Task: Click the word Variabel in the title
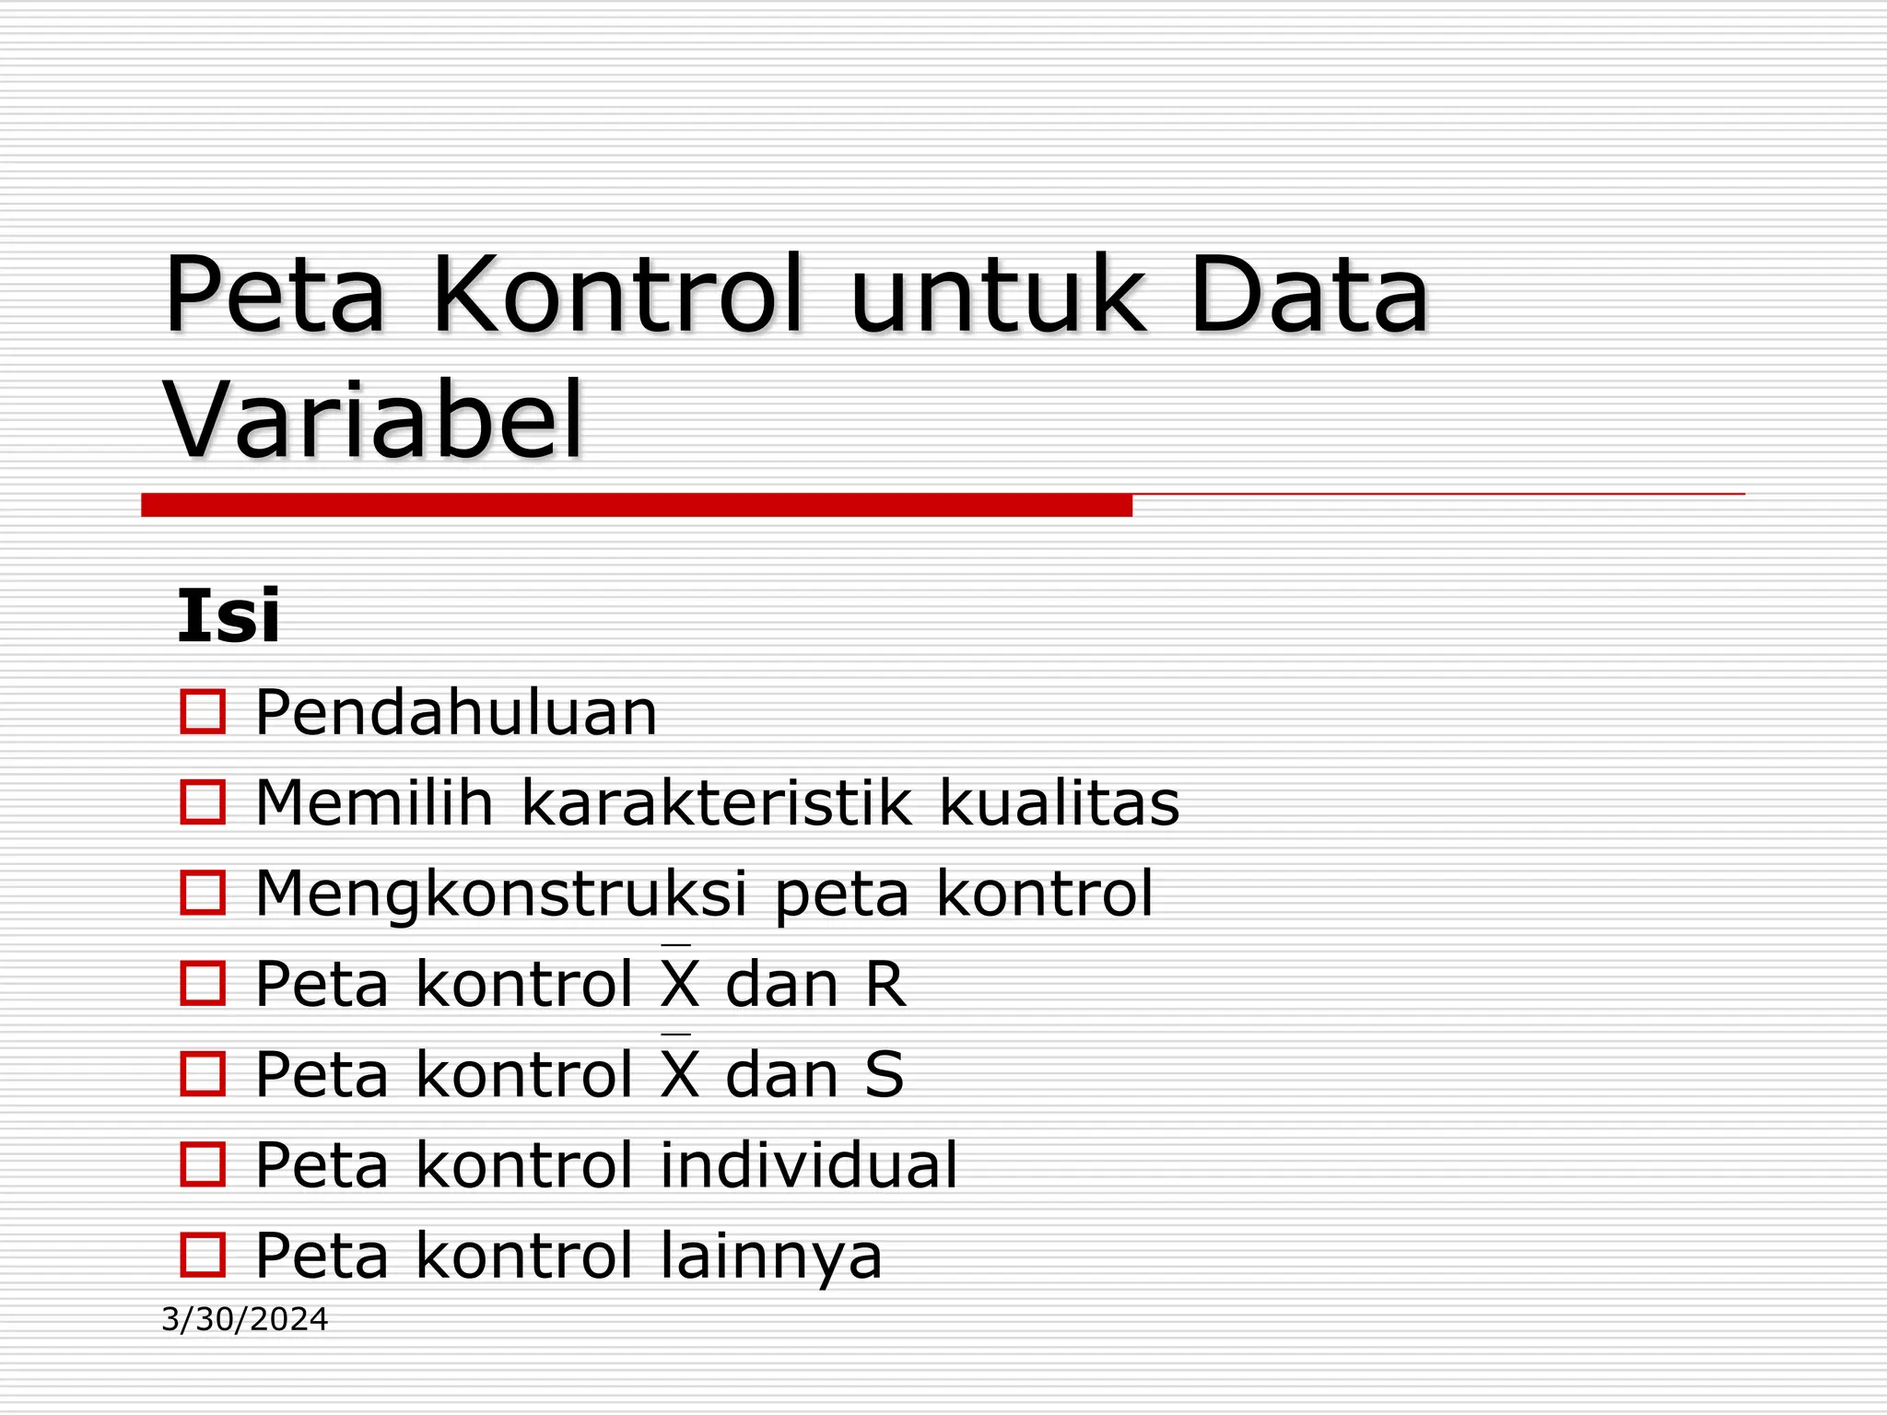[x=374, y=420]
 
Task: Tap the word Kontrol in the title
[x=617, y=295]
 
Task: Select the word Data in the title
[x=1308, y=295]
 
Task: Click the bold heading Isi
[x=228, y=616]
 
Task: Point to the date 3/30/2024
[x=244, y=1319]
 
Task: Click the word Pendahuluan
[x=456, y=712]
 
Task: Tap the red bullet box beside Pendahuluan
[x=203, y=712]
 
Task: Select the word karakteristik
[x=717, y=802]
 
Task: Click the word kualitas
[x=1059, y=802]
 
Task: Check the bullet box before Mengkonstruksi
[x=203, y=894]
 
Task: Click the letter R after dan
[x=885, y=984]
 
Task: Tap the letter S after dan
[x=885, y=1074]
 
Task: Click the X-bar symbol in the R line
[x=680, y=980]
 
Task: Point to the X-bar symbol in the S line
[x=680, y=1070]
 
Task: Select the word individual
[x=809, y=1164]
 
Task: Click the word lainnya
[x=771, y=1255]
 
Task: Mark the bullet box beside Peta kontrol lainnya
[x=203, y=1255]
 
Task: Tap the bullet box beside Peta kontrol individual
[x=203, y=1164]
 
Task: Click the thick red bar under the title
[x=636, y=505]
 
